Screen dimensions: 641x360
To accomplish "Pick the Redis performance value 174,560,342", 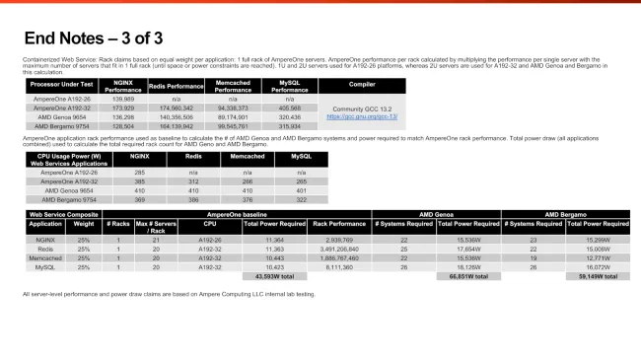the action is click(178, 108).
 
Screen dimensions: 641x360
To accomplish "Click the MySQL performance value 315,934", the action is click(289, 126).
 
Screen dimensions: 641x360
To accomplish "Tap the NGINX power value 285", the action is click(139, 172).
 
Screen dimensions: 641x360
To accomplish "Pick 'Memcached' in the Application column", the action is click(45, 258).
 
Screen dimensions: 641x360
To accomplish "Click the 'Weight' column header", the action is click(83, 223).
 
